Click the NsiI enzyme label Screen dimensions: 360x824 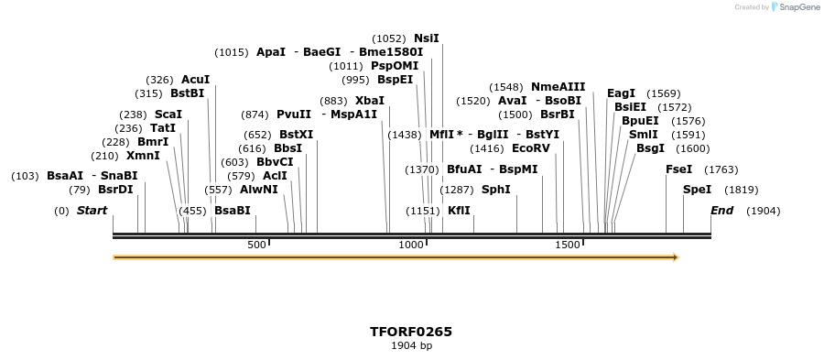[x=427, y=38]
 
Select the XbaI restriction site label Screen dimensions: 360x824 [x=370, y=101]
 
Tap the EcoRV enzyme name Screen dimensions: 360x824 [x=531, y=147]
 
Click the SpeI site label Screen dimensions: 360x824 [x=697, y=190]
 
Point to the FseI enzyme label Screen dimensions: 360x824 [x=678, y=169]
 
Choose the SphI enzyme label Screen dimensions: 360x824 [x=495, y=190]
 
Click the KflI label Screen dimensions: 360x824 [x=459, y=211]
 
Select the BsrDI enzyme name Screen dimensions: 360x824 [x=115, y=190]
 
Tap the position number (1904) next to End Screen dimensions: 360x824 [x=764, y=211]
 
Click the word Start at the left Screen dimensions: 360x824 [x=92, y=211]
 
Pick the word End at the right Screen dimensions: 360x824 [x=722, y=211]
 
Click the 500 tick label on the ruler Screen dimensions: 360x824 [x=257, y=245]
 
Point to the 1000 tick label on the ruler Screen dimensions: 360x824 [x=412, y=245]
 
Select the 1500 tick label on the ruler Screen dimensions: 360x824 [x=568, y=245]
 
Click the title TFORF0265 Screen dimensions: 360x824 [x=411, y=331]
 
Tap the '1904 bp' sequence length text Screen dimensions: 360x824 [x=411, y=345]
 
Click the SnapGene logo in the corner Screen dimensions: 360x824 [x=795, y=7]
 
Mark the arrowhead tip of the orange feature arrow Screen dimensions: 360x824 [x=678, y=257]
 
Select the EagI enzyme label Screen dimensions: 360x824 [x=621, y=93]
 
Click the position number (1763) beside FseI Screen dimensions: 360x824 [x=721, y=169]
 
